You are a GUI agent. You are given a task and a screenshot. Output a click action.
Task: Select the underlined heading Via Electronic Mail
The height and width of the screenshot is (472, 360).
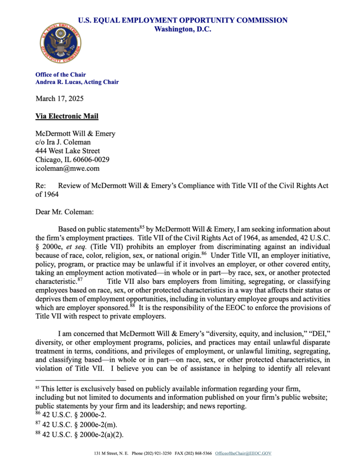click(67, 116)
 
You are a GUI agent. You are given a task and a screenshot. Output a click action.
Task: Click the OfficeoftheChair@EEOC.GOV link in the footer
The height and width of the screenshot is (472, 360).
click(243, 454)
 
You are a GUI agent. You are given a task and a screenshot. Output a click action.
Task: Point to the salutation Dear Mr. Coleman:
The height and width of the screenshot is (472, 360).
click(65, 212)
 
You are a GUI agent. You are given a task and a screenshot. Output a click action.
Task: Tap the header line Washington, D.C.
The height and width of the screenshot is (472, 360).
click(182, 29)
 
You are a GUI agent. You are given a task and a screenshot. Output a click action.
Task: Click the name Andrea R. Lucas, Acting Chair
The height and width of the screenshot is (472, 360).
click(77, 82)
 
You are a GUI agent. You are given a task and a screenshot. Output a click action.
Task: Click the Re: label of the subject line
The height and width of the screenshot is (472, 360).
click(42, 186)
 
